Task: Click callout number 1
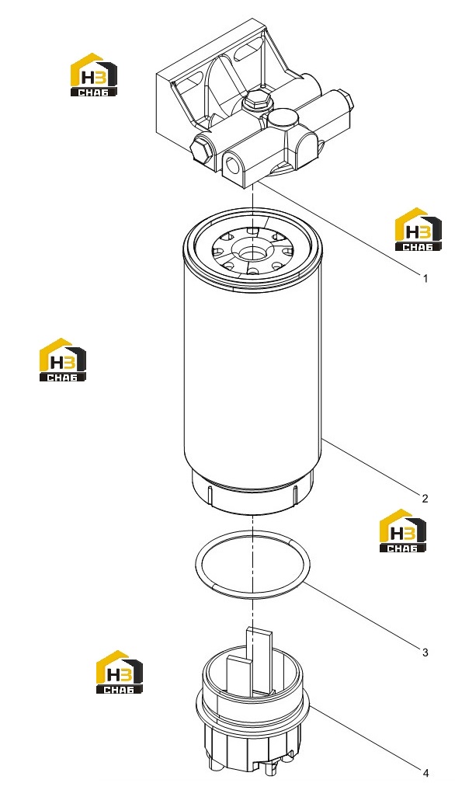425,278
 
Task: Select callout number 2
425,499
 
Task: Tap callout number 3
425,653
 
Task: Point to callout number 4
425,773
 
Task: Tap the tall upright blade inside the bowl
259,658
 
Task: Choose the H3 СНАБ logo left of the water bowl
120,671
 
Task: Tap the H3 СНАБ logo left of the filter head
93,75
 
